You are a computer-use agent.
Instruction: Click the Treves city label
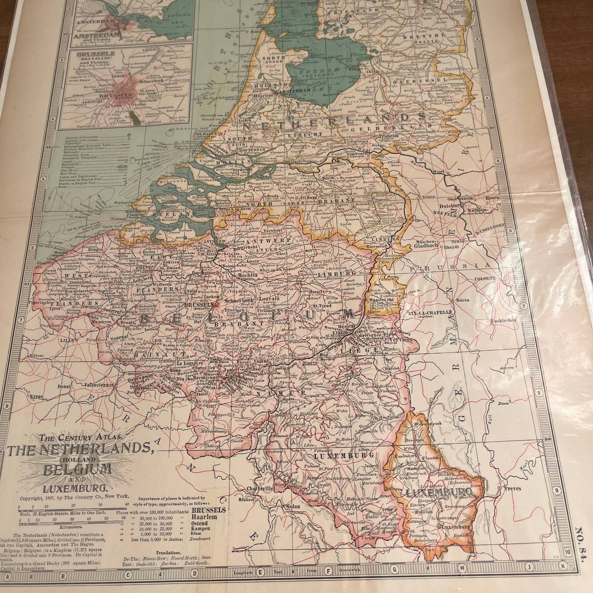tap(513, 488)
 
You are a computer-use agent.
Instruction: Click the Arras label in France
tap(36, 397)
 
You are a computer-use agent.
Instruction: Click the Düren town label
tap(463, 300)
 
